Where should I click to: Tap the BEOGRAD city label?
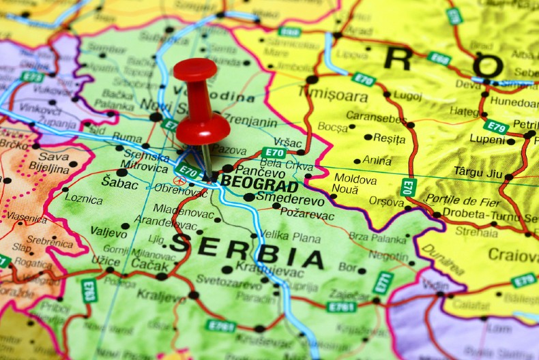259,185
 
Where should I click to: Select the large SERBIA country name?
246,250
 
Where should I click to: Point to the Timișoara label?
333,95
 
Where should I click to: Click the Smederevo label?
290,201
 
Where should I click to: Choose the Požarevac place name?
307,215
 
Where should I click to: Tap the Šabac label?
119,182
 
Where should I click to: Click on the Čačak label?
149,263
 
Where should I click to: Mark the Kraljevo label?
161,296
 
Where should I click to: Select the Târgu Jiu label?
478,172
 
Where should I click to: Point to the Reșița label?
389,138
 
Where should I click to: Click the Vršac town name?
287,143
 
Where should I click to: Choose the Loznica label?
84,200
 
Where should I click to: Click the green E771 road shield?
383,283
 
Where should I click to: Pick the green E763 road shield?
89,290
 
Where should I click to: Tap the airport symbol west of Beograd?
179,181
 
